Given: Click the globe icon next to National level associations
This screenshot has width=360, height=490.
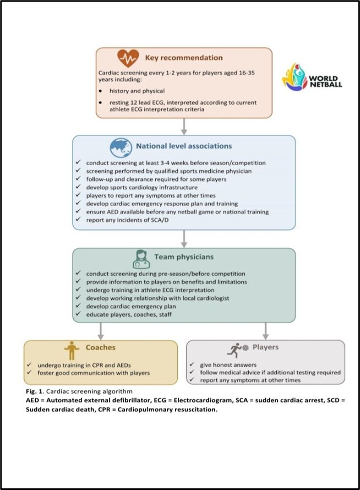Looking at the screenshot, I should pos(121,146).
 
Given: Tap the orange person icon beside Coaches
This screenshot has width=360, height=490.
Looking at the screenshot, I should pos(70,350).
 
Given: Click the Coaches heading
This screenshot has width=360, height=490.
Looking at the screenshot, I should pos(100,348).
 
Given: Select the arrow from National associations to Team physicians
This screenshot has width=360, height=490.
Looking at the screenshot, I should pos(183,237).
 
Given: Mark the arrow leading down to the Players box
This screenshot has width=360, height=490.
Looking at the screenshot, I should pos(265,330).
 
